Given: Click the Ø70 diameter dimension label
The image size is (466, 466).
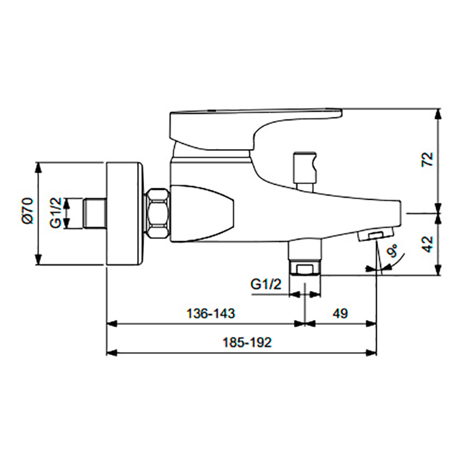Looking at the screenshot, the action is coord(29,211).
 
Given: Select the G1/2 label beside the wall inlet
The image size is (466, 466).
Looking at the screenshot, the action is coord(55,213).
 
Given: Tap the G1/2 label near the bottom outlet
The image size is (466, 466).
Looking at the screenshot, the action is coord(266,285).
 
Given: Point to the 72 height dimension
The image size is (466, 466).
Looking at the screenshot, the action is coord(428,160).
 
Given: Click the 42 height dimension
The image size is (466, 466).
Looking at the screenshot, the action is coord(428,244).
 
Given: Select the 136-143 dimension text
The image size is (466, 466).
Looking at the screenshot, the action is coord(210,313).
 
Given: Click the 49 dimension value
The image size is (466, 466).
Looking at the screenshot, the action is coord(340,313).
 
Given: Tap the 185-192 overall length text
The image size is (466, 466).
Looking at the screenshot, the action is coord(247,343).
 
